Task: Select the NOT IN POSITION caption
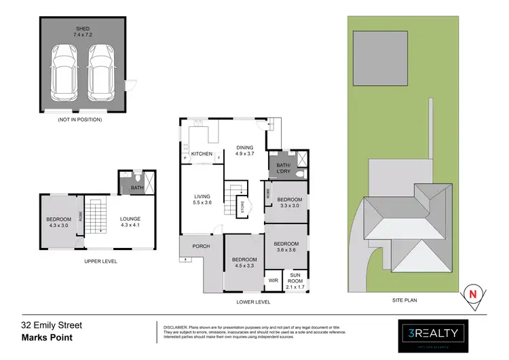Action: tap(81, 120)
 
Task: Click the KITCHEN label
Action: tap(202, 154)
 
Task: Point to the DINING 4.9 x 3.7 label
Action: tap(244, 151)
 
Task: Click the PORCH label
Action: tap(201, 246)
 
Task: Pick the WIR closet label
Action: tap(274, 280)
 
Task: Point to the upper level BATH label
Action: tap(136, 188)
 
